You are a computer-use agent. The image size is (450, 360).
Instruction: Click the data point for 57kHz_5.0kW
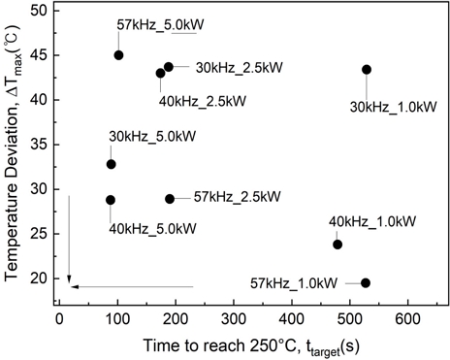pyautogui.click(x=118, y=55)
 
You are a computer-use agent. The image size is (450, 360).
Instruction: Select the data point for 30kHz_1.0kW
pyautogui.click(x=367, y=70)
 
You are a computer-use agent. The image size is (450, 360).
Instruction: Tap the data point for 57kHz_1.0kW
pyautogui.click(x=365, y=282)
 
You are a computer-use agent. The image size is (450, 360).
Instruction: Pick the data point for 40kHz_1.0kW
pyautogui.click(x=337, y=245)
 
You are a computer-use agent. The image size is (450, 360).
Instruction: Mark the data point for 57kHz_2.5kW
pyautogui.click(x=170, y=199)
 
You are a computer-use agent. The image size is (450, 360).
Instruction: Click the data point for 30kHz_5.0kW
pyautogui.click(x=111, y=164)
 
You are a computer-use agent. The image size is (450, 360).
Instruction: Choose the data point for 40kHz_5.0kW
pyautogui.click(x=110, y=200)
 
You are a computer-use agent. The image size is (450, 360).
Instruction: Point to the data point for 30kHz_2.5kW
pyautogui.click(x=169, y=67)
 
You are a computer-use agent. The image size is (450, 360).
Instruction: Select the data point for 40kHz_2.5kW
pyautogui.click(x=160, y=73)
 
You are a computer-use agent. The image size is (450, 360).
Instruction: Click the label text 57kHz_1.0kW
pyautogui.click(x=294, y=283)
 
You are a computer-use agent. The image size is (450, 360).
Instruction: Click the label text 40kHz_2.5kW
pyautogui.click(x=202, y=101)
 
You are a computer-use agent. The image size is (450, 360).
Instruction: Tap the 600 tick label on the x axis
pyautogui.click(x=407, y=317)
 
